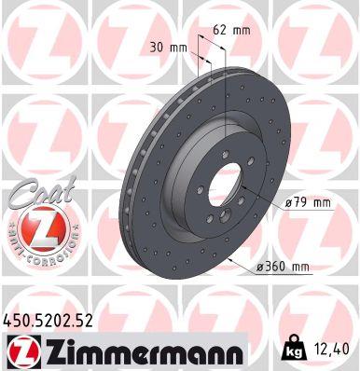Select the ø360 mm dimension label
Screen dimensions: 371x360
pos(284,268)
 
